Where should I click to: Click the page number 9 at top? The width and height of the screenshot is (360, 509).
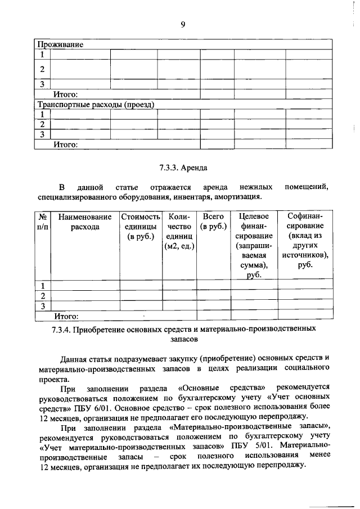coord(183,23)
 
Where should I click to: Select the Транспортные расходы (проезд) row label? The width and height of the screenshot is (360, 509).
coord(96,105)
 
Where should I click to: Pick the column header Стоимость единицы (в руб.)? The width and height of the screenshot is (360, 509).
coord(139,227)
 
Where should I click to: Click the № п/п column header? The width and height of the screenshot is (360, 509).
coord(42,222)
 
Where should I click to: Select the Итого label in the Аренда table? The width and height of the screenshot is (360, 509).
coord(66,317)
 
